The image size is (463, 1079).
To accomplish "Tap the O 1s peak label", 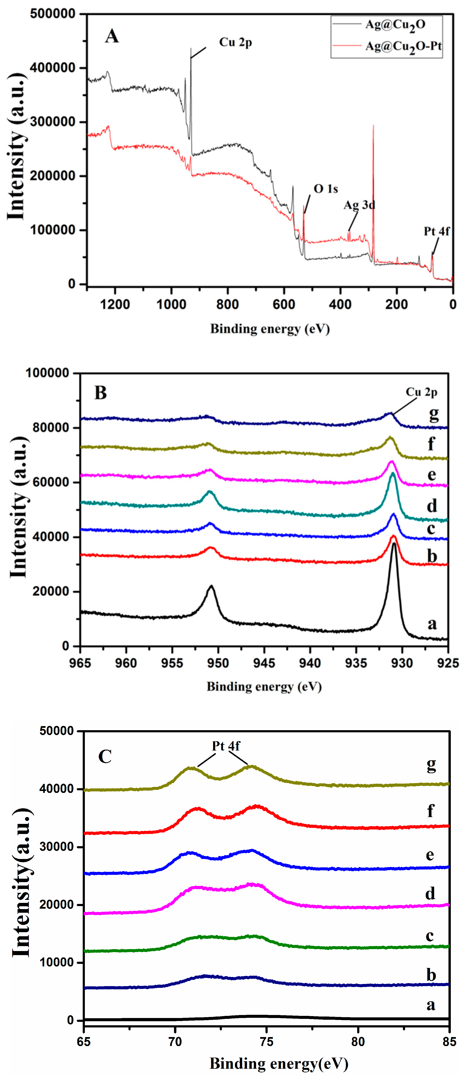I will pyautogui.click(x=325, y=189).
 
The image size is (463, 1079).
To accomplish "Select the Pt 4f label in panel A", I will pyautogui.click(x=436, y=231).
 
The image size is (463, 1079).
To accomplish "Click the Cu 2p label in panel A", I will pyautogui.click(x=236, y=42).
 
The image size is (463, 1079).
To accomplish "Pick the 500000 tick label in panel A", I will pyautogui.click(x=52, y=14).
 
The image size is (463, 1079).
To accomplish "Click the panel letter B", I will pyautogui.click(x=100, y=393).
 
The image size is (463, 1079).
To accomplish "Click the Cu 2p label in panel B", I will pyautogui.click(x=421, y=392).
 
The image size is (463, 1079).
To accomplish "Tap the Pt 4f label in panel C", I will pyautogui.click(x=226, y=746).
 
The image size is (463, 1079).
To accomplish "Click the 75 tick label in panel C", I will pyautogui.click(x=266, y=1041).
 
